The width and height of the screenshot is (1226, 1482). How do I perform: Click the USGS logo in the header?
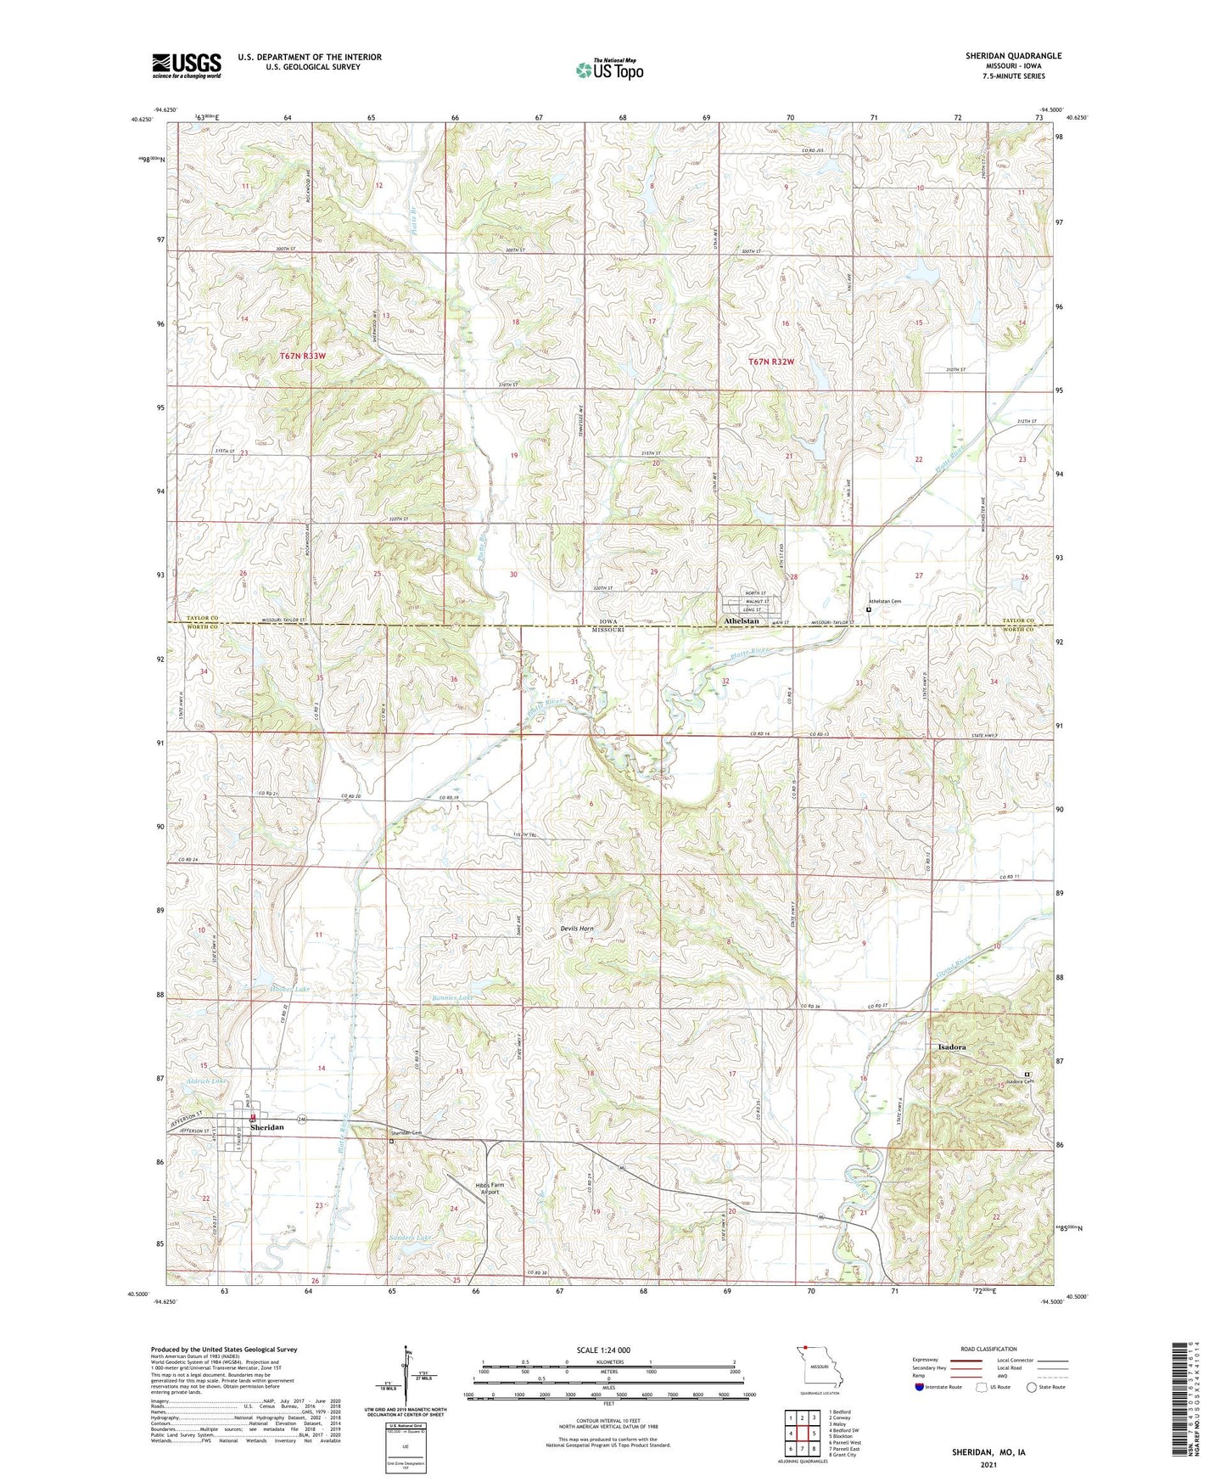coord(187,65)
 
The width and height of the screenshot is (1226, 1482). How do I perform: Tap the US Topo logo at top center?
coord(609,70)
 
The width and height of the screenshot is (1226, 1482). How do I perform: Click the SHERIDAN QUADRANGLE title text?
coord(1013,56)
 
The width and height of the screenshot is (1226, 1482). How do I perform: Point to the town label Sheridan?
coord(264,1126)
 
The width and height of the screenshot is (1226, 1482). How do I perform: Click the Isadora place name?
coord(951,1047)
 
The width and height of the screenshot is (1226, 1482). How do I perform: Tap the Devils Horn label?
coord(576,929)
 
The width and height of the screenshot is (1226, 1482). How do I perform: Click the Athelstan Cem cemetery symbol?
coord(868,609)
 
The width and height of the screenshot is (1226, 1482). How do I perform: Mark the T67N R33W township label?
coord(302,356)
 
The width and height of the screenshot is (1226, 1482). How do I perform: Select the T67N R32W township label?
coord(771,362)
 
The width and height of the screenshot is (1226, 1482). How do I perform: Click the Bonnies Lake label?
coord(451,997)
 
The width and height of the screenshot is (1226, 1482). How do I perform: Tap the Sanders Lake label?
coord(411,1238)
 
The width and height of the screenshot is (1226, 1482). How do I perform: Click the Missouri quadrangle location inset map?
coord(819,1367)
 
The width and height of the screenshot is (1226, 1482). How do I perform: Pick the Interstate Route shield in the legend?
coord(921,1388)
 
